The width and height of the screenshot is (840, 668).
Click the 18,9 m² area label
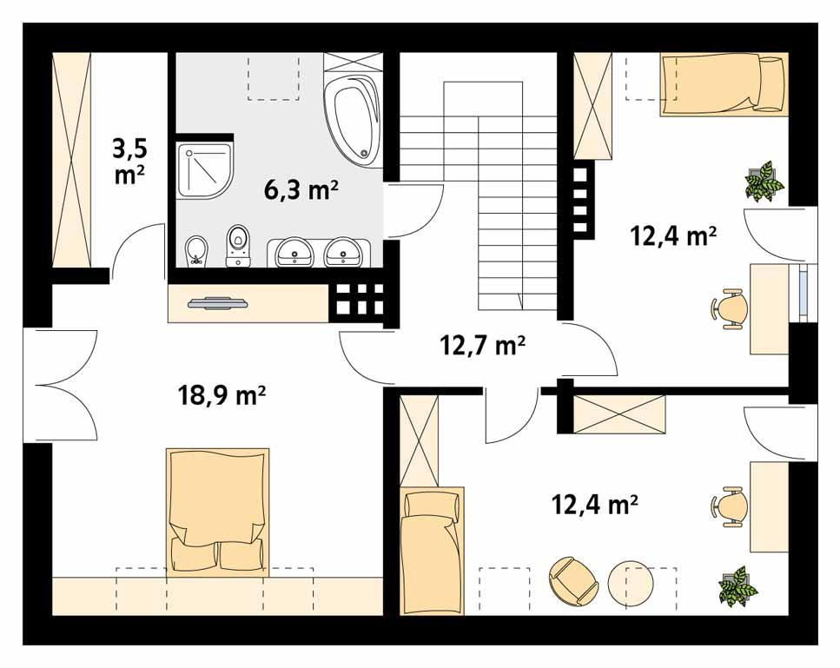pos(222,396)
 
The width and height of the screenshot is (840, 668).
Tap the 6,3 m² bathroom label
pos(301,188)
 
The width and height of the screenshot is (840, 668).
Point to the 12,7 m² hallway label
pos(482,346)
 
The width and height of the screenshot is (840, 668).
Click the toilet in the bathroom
pos(236,246)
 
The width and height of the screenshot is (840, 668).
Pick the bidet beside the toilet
pos(196,249)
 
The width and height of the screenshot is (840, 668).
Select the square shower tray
pos(206,169)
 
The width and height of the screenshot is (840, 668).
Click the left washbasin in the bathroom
pos(294,254)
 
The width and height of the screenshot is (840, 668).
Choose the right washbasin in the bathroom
pos(344,254)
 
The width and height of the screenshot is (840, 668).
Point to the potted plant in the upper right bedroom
pos(764,181)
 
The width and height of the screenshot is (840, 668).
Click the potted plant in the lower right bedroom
pos(737,585)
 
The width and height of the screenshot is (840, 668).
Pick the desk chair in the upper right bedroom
pos(730,309)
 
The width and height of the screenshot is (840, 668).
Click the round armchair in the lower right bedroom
pos(571,579)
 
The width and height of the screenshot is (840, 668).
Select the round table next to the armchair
pos(630,584)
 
